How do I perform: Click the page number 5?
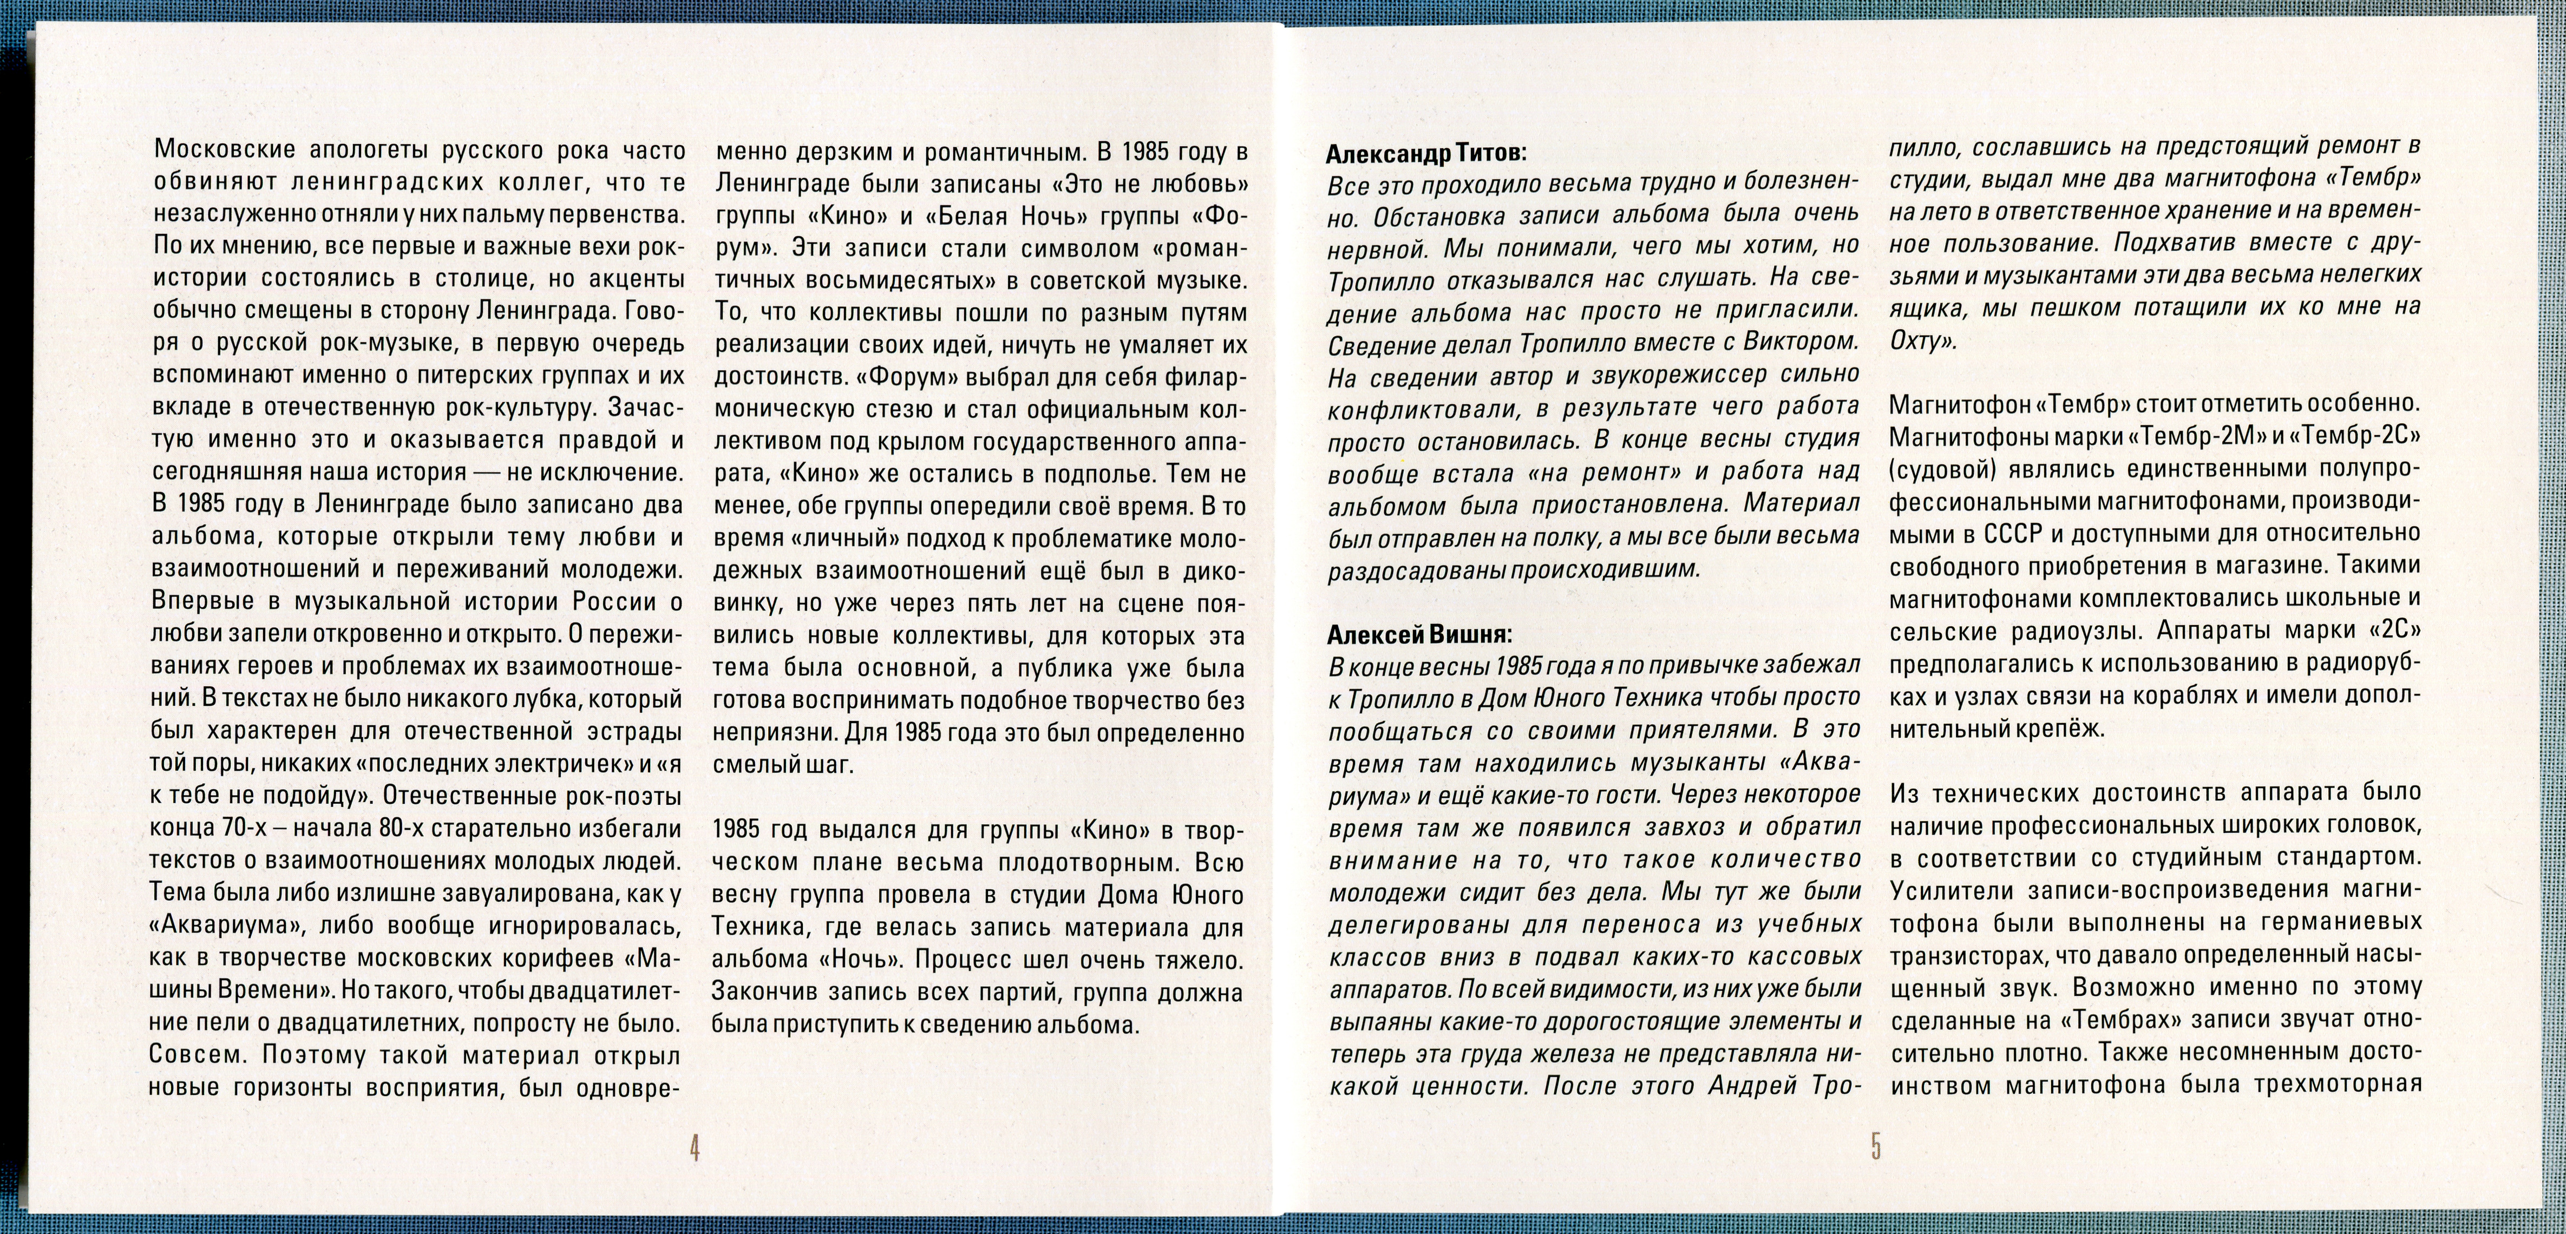[x=1876, y=1147]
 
